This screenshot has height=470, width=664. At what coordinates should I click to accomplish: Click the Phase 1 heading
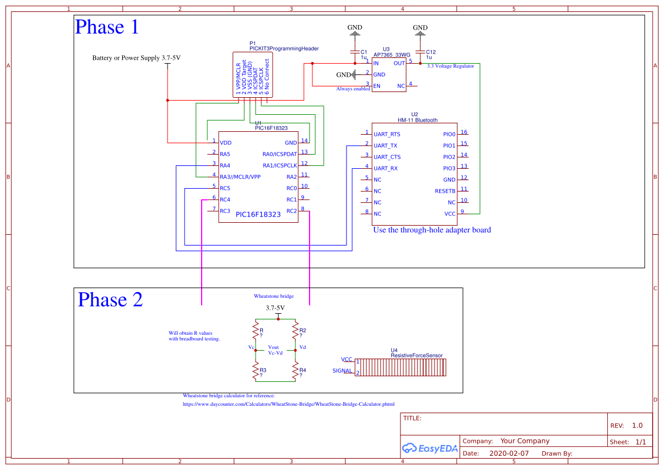[x=107, y=27]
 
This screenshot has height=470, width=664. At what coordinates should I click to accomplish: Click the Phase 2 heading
[x=110, y=300]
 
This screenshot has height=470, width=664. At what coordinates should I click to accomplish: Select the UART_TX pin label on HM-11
[x=386, y=146]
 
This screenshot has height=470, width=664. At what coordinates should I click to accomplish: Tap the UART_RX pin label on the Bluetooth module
[x=386, y=169]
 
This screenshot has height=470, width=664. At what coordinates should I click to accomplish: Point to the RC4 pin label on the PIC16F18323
[x=225, y=200]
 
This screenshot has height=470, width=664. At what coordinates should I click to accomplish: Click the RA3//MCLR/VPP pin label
[x=240, y=177]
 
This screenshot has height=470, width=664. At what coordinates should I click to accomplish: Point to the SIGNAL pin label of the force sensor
[x=342, y=371]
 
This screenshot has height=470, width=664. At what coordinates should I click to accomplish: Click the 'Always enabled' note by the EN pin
[x=353, y=89]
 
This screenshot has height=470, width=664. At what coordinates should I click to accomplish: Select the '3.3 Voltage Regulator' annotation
[x=450, y=66]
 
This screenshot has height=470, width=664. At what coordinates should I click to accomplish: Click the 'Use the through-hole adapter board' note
[x=432, y=230]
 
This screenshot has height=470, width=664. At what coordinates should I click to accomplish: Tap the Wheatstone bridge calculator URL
[x=288, y=405]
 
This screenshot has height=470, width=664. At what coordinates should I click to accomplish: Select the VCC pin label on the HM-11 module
[x=449, y=214]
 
